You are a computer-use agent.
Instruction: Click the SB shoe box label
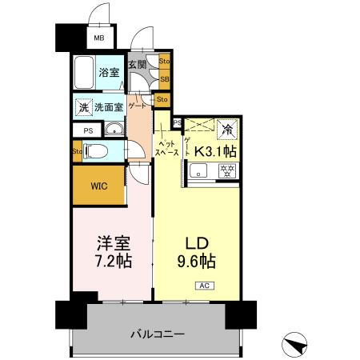click(x=164, y=79)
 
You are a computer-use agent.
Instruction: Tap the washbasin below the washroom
click(x=114, y=129)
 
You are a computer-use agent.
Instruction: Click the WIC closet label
click(x=99, y=186)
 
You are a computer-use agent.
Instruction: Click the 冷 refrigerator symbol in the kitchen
click(x=227, y=128)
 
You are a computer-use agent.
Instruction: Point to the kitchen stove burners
click(x=226, y=170)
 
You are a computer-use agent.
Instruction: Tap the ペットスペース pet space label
click(x=166, y=146)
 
